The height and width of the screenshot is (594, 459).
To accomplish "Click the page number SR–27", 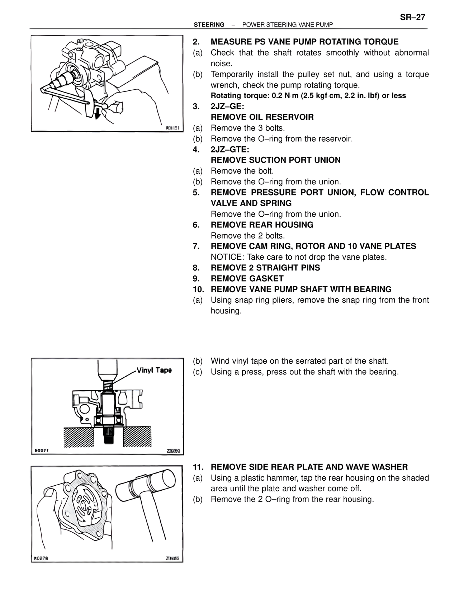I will coord(412,17).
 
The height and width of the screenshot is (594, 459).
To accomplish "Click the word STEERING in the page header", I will coord(209,25).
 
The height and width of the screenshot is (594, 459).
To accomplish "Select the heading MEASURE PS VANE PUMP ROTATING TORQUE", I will coord(304,42).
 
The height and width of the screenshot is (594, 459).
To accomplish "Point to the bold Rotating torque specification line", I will coord(308,96).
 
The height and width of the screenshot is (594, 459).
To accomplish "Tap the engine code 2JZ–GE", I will coord(227,107).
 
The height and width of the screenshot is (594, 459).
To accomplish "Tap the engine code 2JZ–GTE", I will coord(230,149).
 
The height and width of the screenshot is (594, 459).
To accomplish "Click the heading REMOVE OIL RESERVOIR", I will coord(262,117).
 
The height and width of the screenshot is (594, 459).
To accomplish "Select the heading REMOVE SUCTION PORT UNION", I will coord(275,160).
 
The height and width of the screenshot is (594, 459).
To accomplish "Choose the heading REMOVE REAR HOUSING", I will coord(262,225).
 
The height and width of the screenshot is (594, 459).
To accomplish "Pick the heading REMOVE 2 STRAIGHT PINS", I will coord(265,268).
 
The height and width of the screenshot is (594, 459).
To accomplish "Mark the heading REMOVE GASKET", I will coord(247,279).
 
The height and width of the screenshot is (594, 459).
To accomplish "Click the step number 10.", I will coord(198,289).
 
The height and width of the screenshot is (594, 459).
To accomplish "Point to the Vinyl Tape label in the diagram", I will coord(154,370).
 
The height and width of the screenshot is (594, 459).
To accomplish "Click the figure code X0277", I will coord(42,451).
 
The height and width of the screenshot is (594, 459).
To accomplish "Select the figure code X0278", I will coord(42,558).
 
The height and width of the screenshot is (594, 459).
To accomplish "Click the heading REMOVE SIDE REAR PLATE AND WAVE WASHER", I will coord(309,467).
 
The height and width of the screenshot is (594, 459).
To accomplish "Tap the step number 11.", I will coord(198,467).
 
